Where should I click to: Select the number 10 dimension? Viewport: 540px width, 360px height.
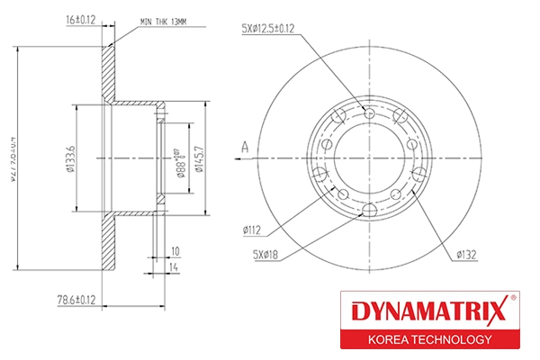pyautogui.click(x=175, y=251)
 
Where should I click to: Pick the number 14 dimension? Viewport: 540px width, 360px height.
pyautogui.click(x=175, y=267)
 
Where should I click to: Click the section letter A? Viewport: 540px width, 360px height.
pyautogui.click(x=244, y=146)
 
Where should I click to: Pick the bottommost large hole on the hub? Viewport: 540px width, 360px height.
pyautogui.click(x=370, y=212)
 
